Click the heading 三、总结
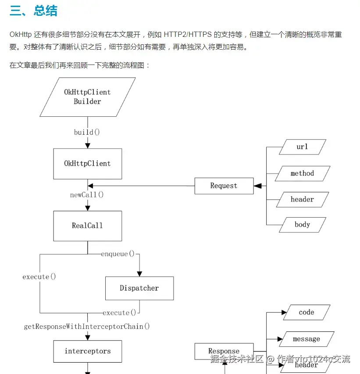[33, 11]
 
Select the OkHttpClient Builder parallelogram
[87, 97]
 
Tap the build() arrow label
[87, 132]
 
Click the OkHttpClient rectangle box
[87, 164]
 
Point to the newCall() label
[87, 195]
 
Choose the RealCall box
[87, 226]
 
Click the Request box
[224, 186]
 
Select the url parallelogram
[302, 147]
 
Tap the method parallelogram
[302, 173]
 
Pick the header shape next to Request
[302, 199]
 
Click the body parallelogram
[302, 225]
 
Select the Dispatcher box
[139, 288]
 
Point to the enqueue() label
[118, 254]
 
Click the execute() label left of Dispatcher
[39, 277]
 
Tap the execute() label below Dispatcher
[119, 313]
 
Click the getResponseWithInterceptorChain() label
[87, 327]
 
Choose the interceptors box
[87, 351]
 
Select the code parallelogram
[306, 313]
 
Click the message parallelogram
[306, 339]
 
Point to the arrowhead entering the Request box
[257, 186]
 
